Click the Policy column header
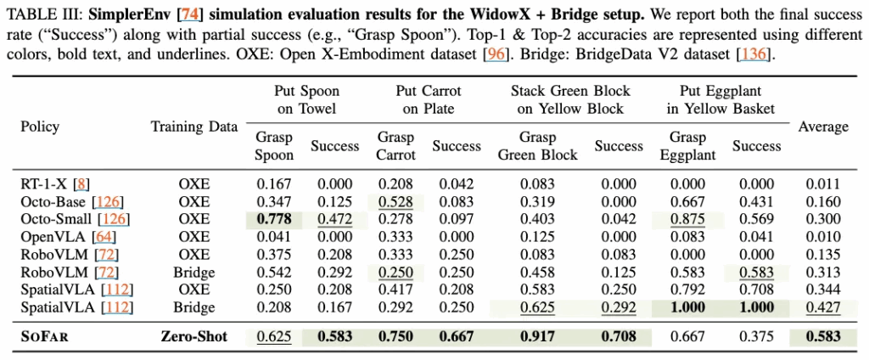[x=40, y=127]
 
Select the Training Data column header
[x=193, y=127]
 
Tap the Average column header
[x=823, y=127]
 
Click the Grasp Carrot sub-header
[x=396, y=146]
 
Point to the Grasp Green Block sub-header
[x=537, y=146]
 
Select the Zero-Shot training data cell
[x=193, y=336]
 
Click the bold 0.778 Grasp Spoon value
[x=273, y=218]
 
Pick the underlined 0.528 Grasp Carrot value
[x=396, y=200]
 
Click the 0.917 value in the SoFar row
[x=537, y=336]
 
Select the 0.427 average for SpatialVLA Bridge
[x=823, y=308]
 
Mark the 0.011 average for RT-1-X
[x=823, y=183]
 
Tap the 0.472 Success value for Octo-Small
[x=334, y=218]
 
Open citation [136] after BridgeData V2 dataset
[x=754, y=55]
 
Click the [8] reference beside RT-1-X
[x=81, y=183]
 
